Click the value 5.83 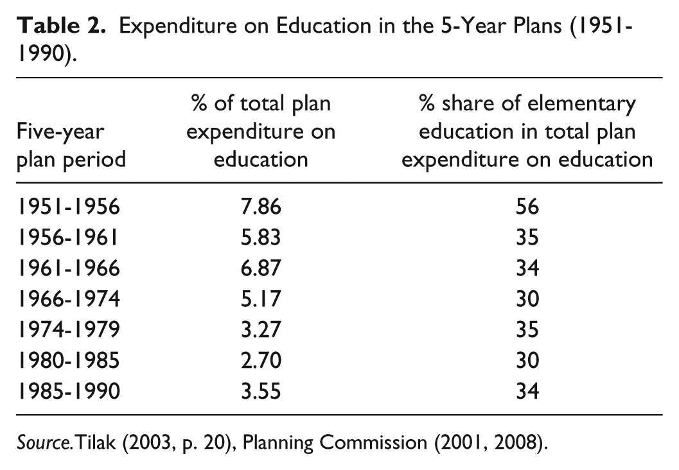[x=261, y=238]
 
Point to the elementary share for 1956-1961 [x=527, y=238]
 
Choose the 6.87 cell [x=261, y=268]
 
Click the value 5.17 [x=261, y=299]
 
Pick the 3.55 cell [x=261, y=390]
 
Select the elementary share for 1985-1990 [x=527, y=390]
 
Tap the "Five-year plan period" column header [x=71, y=146]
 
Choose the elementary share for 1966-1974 [x=527, y=299]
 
